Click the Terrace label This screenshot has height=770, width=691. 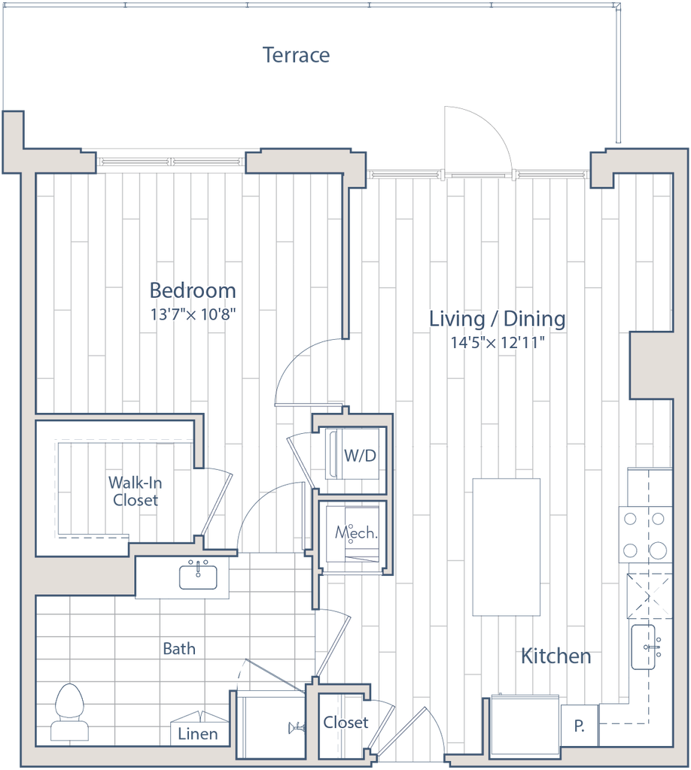click(x=296, y=55)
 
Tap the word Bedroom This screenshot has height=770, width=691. click(x=193, y=290)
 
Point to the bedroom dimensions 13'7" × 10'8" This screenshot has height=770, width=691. click(x=193, y=314)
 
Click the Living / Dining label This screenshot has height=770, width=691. click(x=497, y=319)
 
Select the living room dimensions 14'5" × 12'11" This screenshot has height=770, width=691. click(x=497, y=342)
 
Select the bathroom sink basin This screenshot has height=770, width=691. click(x=199, y=577)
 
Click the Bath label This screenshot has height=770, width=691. click(x=179, y=648)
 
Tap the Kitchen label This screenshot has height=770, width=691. click(x=556, y=657)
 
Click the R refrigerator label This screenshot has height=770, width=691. click(x=580, y=726)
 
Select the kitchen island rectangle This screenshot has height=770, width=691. click(x=507, y=547)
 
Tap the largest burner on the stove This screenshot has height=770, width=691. click(x=657, y=550)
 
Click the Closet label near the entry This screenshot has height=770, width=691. click(x=345, y=723)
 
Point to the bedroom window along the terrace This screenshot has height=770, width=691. click(x=171, y=161)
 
